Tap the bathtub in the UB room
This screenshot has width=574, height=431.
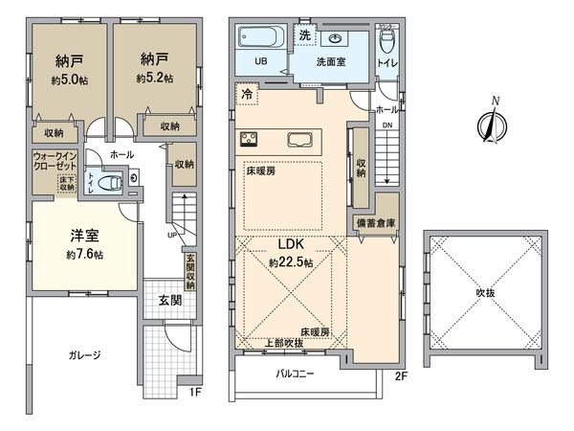(x=258, y=41)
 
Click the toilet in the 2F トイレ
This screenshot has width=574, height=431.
(x=386, y=42)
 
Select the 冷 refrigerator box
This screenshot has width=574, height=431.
(x=247, y=95)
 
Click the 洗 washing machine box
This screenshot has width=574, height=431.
(x=304, y=34)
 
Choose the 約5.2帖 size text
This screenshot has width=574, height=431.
(x=154, y=78)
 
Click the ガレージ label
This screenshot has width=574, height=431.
(x=84, y=354)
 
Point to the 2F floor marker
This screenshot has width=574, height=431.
(x=402, y=377)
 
